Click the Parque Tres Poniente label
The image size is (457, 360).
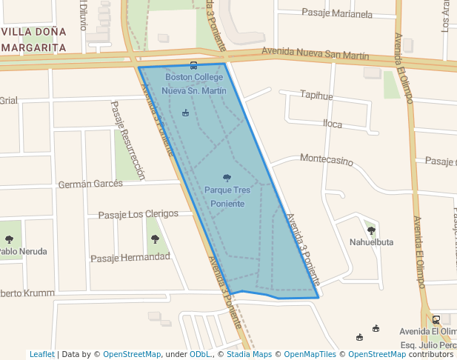(x=227, y=196)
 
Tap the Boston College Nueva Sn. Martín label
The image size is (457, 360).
(x=193, y=84)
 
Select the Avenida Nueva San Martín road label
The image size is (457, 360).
(x=316, y=54)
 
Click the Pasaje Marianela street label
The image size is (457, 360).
(x=337, y=13)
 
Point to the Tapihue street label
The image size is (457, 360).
(x=316, y=96)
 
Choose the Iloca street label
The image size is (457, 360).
(x=333, y=124)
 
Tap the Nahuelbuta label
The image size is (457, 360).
(x=371, y=241)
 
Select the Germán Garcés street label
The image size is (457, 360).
(x=90, y=184)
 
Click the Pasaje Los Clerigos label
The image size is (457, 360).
(x=139, y=214)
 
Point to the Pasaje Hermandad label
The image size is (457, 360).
(x=130, y=258)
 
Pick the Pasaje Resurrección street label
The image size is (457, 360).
(x=127, y=141)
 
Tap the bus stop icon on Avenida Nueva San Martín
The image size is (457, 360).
(x=193, y=65)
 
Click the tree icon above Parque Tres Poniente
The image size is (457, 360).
(x=227, y=177)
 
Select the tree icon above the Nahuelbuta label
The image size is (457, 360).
(x=371, y=230)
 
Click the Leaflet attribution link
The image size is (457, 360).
(x=42, y=354)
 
